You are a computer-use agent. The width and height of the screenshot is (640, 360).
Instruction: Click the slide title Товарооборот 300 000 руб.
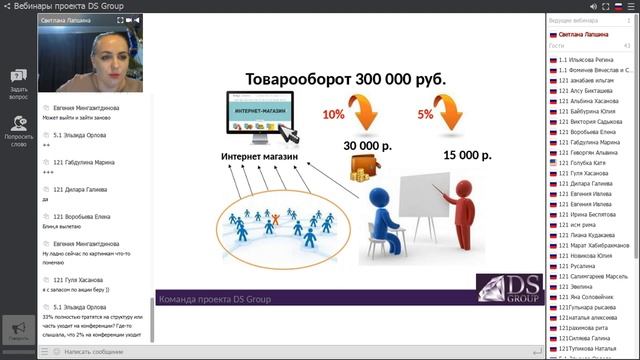click(x=346, y=80)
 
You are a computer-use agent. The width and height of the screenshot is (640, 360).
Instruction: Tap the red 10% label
click(x=333, y=114)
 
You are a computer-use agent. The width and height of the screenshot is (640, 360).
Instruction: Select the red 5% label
click(x=425, y=114)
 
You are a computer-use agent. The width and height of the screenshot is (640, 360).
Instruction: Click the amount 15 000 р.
click(x=467, y=155)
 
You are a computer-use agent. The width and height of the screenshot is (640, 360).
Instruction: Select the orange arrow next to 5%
click(x=456, y=115)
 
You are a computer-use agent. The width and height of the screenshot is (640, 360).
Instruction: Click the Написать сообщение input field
click(x=100, y=352)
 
